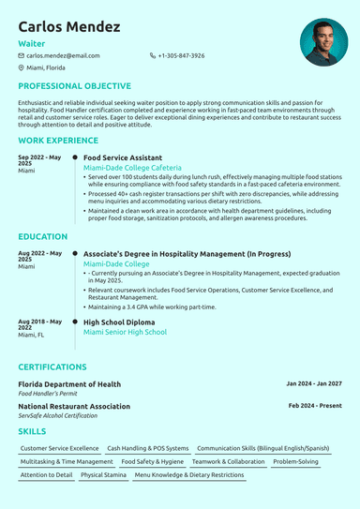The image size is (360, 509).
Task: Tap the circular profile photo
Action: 323,42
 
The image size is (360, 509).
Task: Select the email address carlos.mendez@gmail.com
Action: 63,56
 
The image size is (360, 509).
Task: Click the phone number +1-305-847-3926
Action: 181,56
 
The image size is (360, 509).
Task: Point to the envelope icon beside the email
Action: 22,56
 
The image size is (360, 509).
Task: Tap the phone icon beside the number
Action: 153,56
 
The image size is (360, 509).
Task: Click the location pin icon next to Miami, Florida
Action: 22,68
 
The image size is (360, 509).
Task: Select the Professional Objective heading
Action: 74,86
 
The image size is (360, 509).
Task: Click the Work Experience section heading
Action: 57,141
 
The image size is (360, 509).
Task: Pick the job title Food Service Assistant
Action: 123,158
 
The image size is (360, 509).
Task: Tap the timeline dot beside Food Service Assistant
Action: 75,158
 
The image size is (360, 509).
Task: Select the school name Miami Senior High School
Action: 125,332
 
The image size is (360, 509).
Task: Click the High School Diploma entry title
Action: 120,322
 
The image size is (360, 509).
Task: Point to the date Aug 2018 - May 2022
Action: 39,324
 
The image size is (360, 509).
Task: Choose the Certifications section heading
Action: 52,367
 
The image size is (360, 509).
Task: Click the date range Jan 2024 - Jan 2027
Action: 314,384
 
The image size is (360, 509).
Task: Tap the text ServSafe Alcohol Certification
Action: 58,415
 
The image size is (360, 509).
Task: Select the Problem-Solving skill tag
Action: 296,462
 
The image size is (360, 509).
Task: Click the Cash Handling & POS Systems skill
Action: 148,449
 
